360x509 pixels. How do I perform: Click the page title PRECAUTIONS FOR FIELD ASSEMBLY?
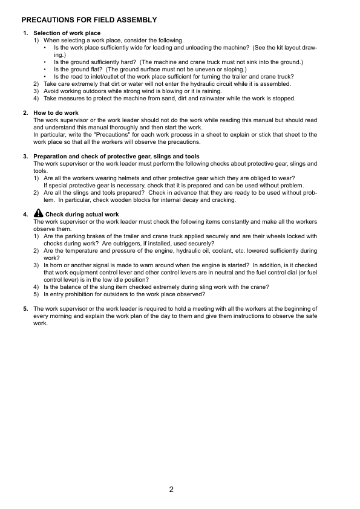point(89,20)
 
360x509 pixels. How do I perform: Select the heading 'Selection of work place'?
point(67,33)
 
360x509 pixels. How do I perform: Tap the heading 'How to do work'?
point(56,113)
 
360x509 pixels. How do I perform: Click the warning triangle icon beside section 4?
point(39,213)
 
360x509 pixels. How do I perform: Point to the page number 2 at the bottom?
point(172,490)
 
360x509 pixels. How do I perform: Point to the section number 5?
point(25,308)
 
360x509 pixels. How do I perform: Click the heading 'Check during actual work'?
point(82,215)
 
